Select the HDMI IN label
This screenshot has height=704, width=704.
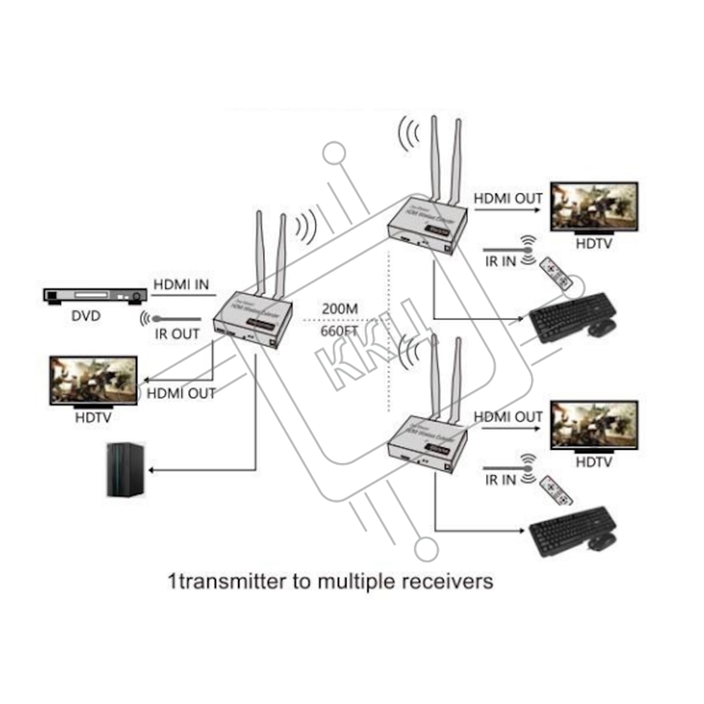point(181,284)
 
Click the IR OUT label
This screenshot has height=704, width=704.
point(177,334)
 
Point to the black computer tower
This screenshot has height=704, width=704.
point(125,470)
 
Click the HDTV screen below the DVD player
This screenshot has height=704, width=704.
point(93,380)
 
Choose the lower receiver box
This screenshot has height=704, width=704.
point(425,445)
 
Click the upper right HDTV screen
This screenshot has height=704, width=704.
point(594,207)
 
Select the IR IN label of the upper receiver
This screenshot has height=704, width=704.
point(501,261)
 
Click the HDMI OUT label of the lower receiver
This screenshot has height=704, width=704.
point(508,417)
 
